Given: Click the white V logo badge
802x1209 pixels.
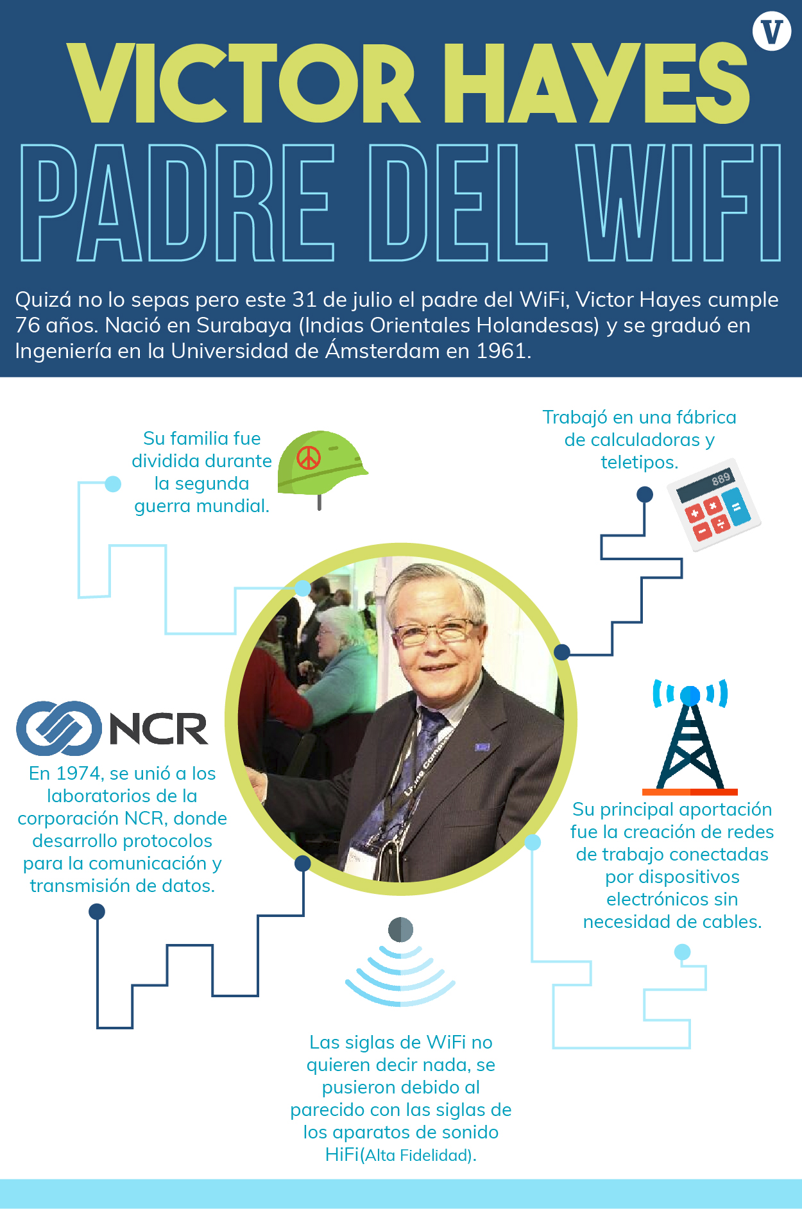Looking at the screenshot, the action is [772, 31].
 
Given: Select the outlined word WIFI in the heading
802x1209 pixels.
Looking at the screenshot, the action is [679, 202].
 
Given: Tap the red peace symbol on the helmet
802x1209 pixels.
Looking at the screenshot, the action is [309, 458].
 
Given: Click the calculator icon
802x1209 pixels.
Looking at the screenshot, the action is [713, 504].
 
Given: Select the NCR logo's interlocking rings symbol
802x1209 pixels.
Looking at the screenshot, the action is [59, 728].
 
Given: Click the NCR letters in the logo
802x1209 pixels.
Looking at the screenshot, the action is [158, 728].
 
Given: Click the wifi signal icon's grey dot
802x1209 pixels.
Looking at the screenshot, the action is [400, 929].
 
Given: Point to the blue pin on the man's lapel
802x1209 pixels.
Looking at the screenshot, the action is [482, 747].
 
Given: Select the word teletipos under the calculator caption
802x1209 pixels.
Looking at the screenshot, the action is [639, 462].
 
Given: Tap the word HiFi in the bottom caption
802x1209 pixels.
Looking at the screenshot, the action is [342, 1154].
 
